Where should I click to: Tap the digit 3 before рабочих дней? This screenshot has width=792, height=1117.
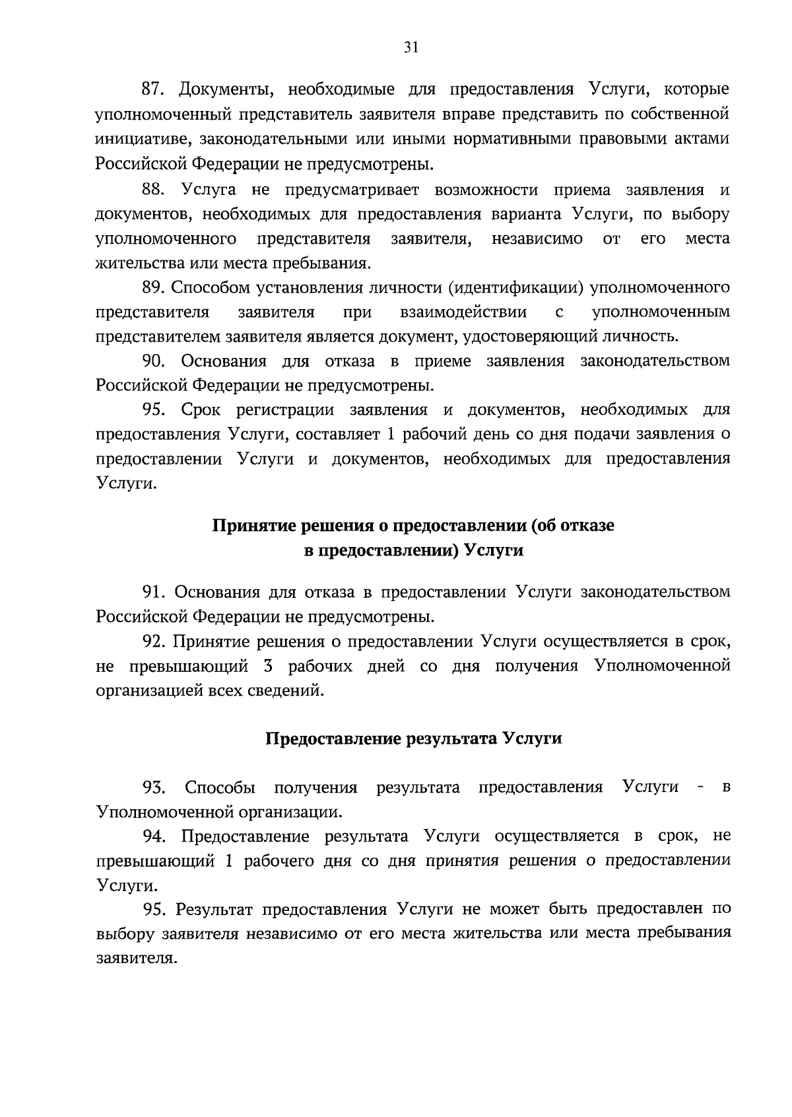[x=267, y=666]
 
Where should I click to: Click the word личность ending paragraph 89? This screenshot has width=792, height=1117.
[x=638, y=336]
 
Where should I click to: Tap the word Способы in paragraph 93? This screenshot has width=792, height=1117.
[x=220, y=787]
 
